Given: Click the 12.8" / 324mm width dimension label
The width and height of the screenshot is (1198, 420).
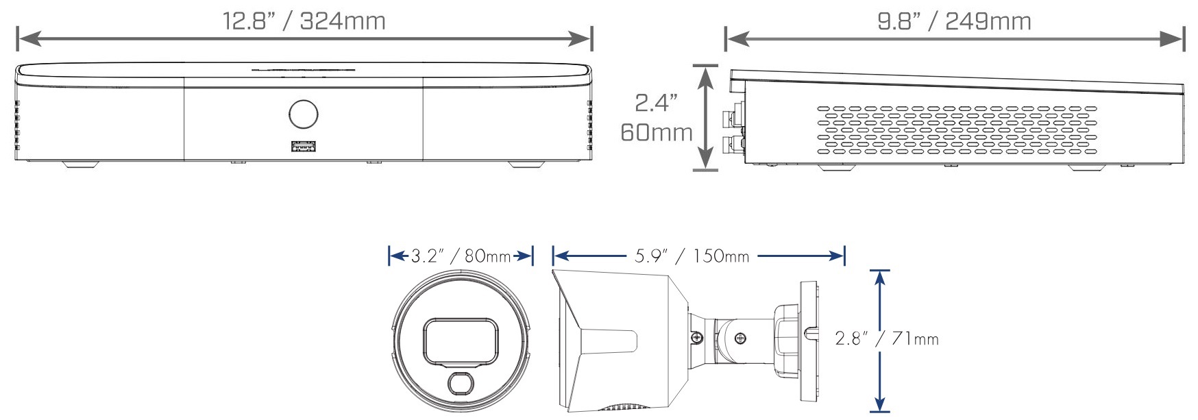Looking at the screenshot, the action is [x=304, y=21].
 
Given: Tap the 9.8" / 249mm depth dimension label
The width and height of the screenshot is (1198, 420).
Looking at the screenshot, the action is [x=954, y=21].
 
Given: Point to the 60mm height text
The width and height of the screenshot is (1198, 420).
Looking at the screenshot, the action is [x=656, y=132].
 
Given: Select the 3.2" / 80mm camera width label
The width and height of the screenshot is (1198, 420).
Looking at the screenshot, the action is [x=461, y=256].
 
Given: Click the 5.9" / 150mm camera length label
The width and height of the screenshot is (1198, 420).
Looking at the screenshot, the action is [x=692, y=256].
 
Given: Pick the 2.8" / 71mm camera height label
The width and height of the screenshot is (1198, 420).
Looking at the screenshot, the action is [x=887, y=338].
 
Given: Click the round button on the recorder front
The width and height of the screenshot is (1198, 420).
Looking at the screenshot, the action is [x=304, y=114].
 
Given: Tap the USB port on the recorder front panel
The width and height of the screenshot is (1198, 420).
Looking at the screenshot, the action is [x=304, y=146].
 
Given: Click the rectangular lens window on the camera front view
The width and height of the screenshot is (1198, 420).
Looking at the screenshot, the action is [x=461, y=342].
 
